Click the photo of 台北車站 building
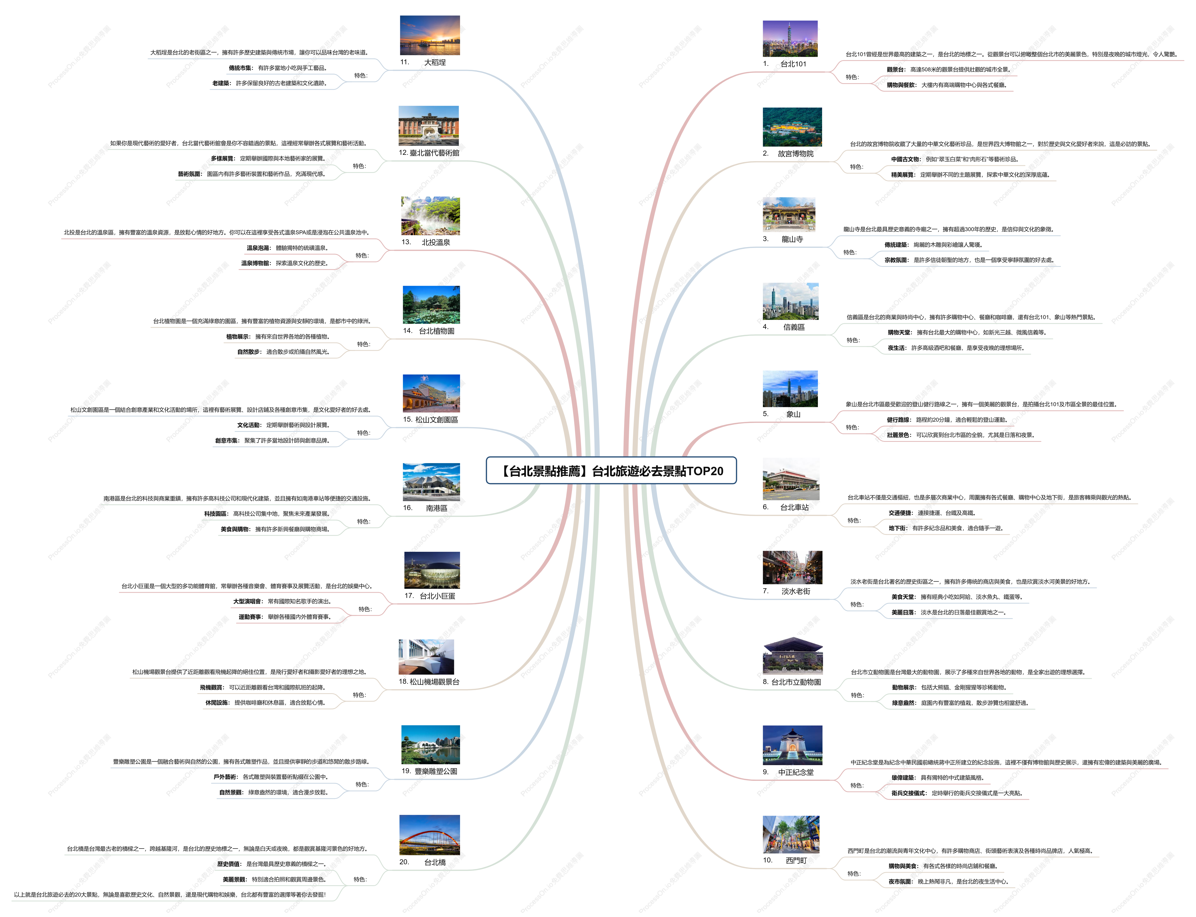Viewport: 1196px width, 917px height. tap(791, 479)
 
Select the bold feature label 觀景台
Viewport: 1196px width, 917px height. tap(896, 70)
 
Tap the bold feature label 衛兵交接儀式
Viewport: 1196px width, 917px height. tap(909, 793)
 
